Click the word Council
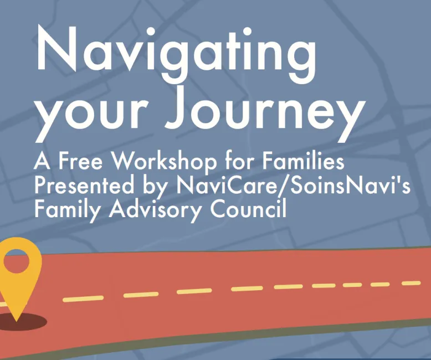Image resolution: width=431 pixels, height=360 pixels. [249, 208]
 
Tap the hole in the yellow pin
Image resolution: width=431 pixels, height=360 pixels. [16, 261]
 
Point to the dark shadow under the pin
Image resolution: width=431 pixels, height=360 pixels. [23, 322]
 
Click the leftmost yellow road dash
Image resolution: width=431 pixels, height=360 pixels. [83, 299]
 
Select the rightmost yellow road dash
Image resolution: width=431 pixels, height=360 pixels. [411, 283]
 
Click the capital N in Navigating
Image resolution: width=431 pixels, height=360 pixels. [57, 48]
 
